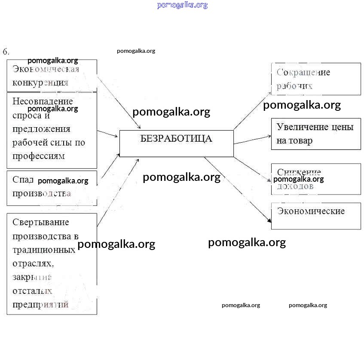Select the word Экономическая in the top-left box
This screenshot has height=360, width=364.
(46, 69)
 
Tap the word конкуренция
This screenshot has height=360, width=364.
(40, 82)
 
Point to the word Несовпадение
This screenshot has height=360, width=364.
(43, 101)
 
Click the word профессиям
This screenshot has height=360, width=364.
(39, 156)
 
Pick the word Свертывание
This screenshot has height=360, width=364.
(41, 222)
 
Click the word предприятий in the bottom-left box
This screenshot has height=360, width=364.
(40, 305)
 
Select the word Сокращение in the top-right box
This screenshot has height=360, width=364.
(303, 72)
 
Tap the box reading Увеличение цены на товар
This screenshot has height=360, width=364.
(316, 134)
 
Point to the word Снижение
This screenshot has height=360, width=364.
(299, 173)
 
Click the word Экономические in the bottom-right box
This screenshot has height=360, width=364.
(311, 211)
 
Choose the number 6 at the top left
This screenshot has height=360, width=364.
(6, 52)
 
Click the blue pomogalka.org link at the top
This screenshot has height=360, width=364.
(182, 5)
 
